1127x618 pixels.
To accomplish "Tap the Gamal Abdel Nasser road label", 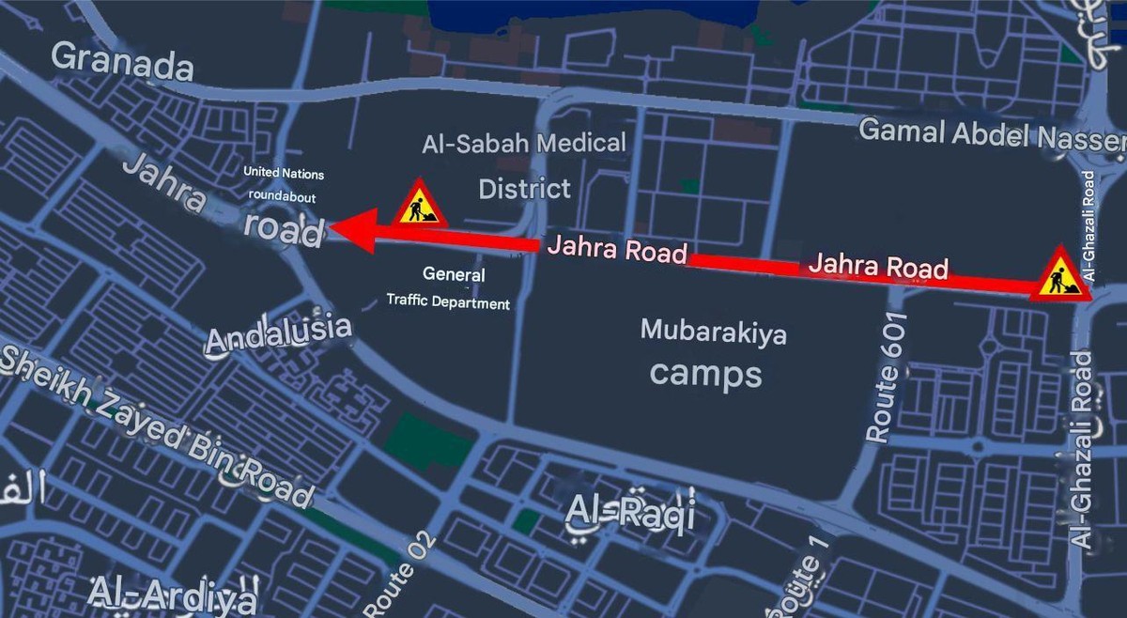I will click(991, 132).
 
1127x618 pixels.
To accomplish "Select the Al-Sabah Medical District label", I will click(524, 165).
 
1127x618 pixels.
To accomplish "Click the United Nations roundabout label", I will click(283, 185).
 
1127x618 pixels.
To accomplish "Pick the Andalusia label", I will click(278, 334).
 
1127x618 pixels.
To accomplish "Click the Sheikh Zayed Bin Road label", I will click(155, 423).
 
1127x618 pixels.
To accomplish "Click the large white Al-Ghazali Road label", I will click(1083, 451).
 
